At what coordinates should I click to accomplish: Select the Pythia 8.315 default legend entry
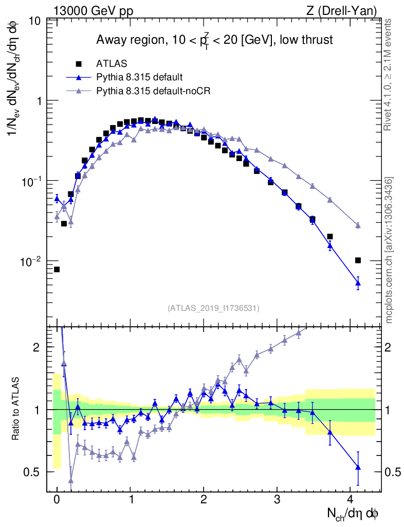(x=139, y=78)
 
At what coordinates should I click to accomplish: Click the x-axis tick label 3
(x=278, y=500)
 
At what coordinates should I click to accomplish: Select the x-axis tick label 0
(x=57, y=500)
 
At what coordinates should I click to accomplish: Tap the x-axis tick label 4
(x=351, y=500)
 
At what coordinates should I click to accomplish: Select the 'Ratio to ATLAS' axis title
(x=16, y=409)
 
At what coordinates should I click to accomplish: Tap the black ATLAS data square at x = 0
(x=57, y=269)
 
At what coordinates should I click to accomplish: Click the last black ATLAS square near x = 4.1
(x=358, y=260)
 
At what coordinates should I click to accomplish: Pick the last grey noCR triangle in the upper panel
(x=358, y=225)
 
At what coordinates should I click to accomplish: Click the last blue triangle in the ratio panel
(x=358, y=467)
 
